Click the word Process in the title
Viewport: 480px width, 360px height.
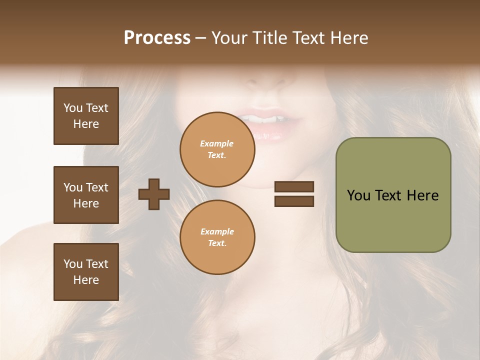[x=157, y=38]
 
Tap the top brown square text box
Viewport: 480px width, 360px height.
[x=86, y=116]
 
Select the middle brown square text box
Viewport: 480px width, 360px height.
[x=86, y=195]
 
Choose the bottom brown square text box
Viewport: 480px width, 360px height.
[x=86, y=272]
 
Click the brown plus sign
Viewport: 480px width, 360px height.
[x=154, y=194]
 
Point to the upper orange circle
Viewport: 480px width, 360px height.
[x=217, y=149]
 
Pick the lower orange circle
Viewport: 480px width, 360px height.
[x=217, y=237]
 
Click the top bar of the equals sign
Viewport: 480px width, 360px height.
[x=294, y=187]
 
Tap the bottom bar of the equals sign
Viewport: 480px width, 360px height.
[x=294, y=201]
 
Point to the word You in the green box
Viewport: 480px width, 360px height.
[x=358, y=195]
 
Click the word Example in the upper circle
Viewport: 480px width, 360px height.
[x=217, y=143]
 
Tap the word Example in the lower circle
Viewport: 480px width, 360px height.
[x=217, y=231]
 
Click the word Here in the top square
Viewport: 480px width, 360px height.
[x=86, y=124]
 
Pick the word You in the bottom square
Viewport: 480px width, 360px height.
[x=73, y=264]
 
